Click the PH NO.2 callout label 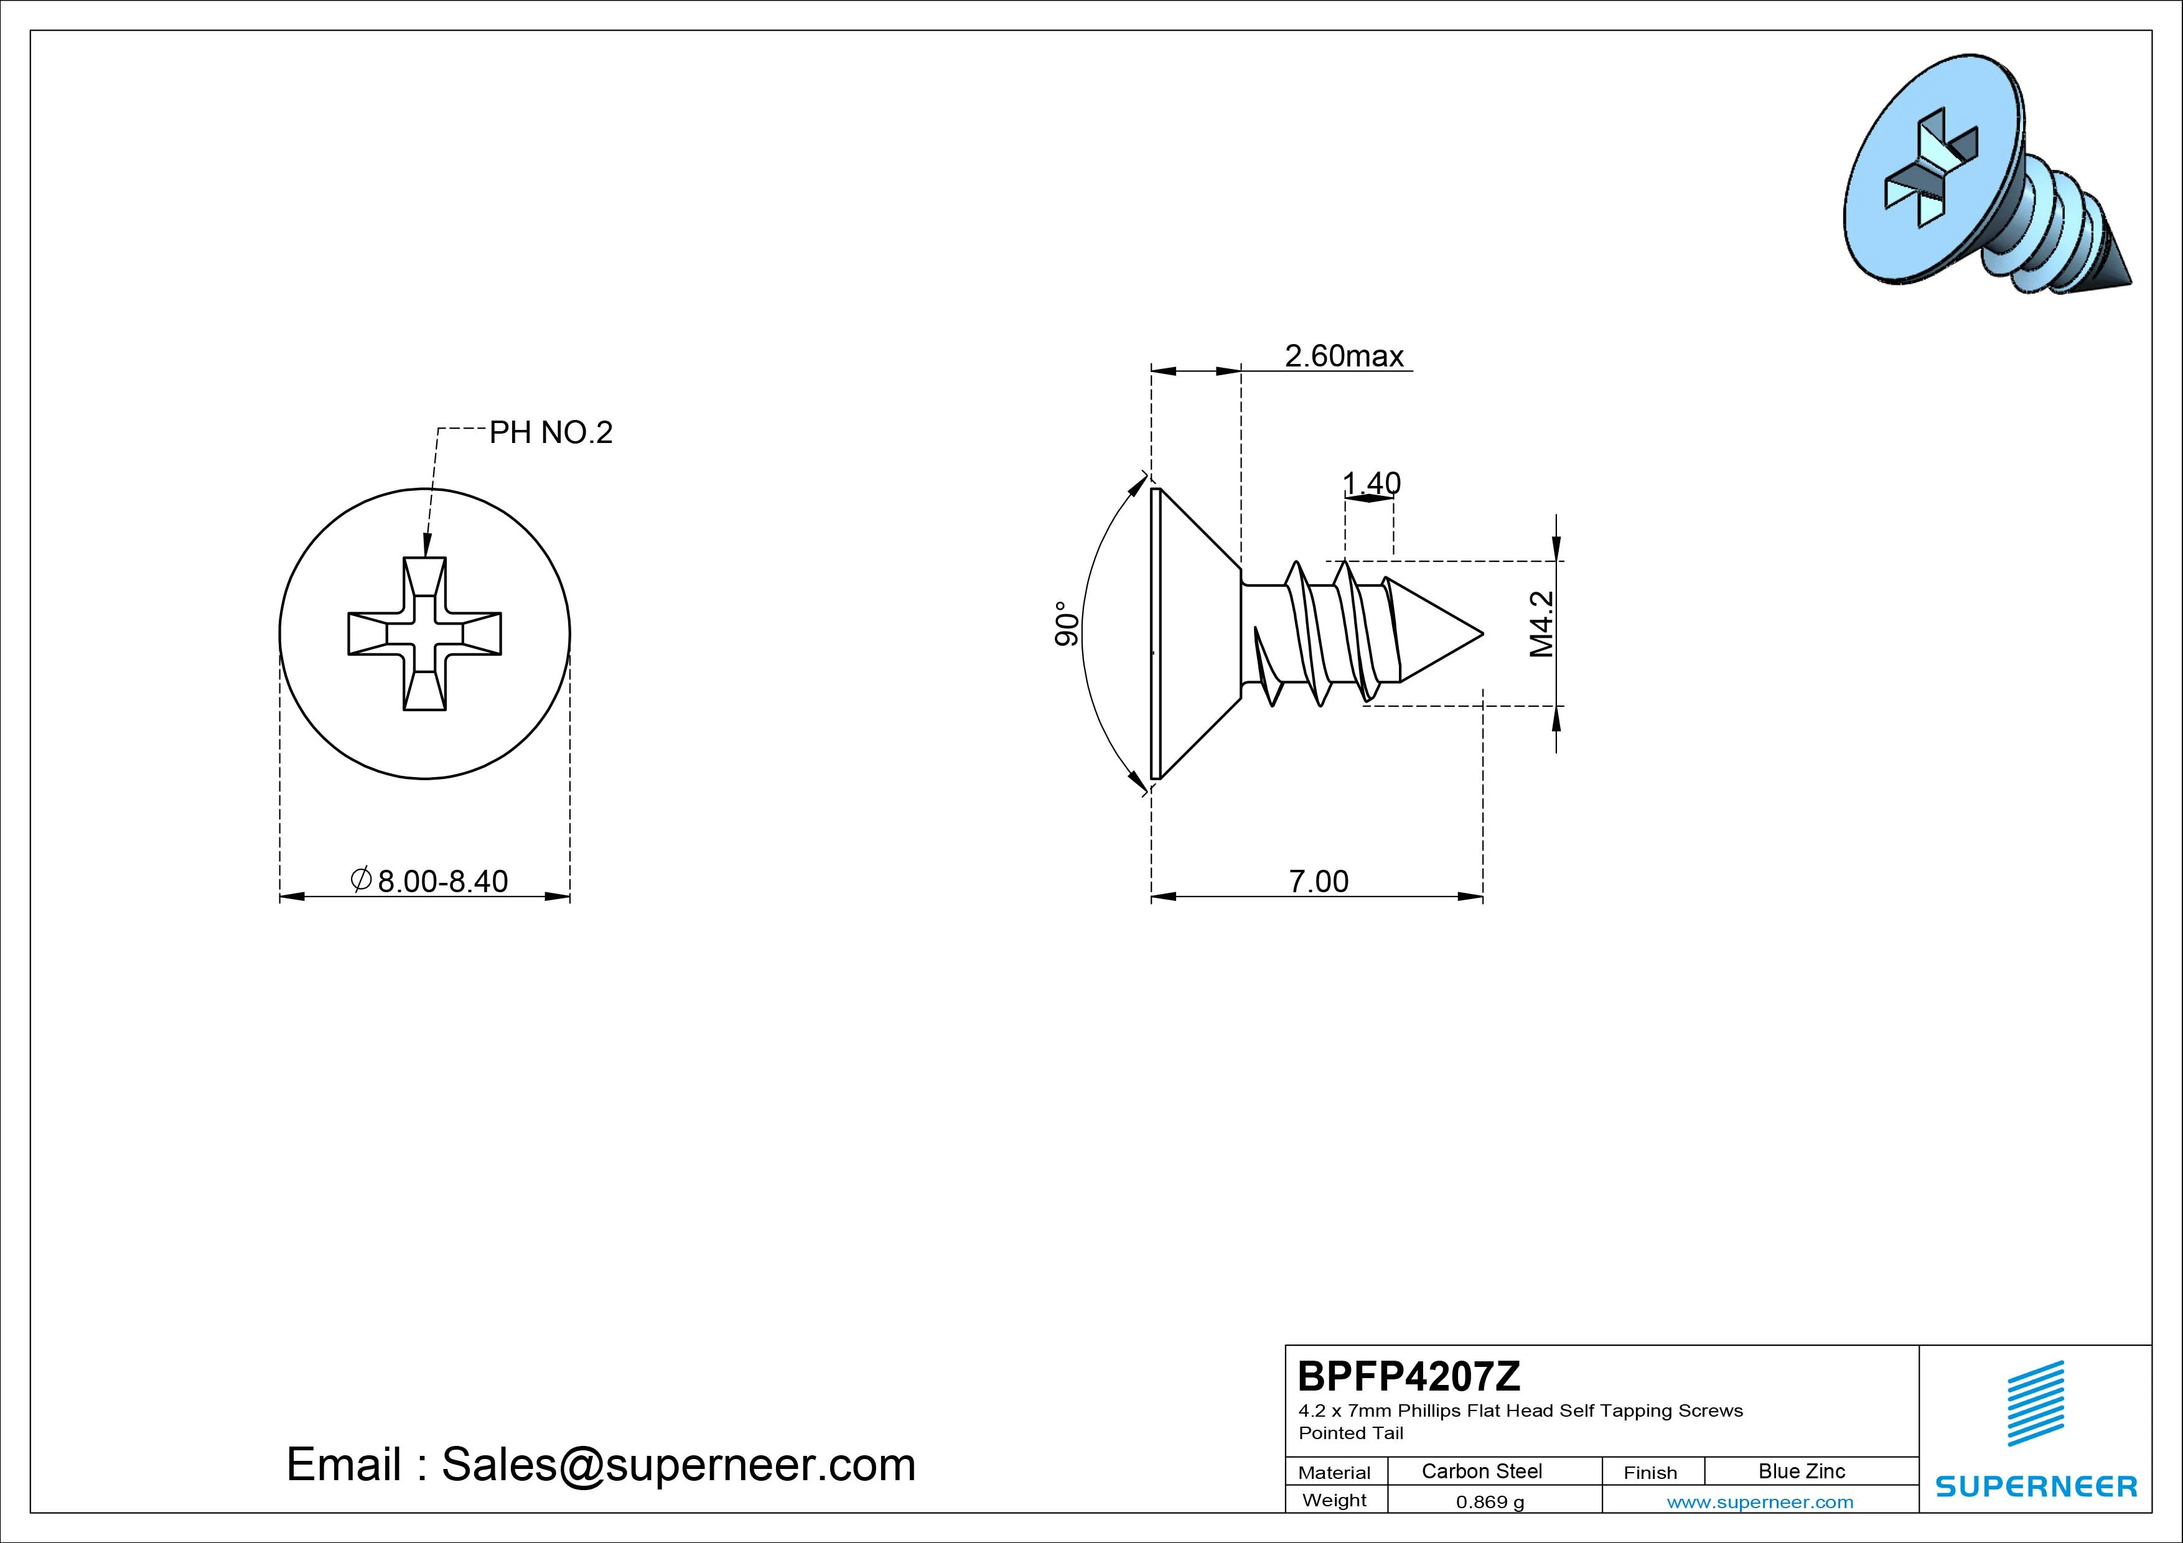[551, 434]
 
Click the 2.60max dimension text [1344, 357]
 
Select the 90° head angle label [1067, 623]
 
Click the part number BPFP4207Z [1409, 1376]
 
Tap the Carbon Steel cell [1481, 1471]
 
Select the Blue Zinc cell [1802, 1471]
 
